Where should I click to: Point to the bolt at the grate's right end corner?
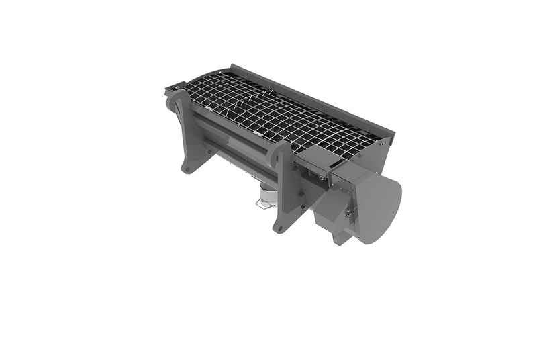[382, 142]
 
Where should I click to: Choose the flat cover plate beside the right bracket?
[313, 158]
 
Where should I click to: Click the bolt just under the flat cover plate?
[322, 177]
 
